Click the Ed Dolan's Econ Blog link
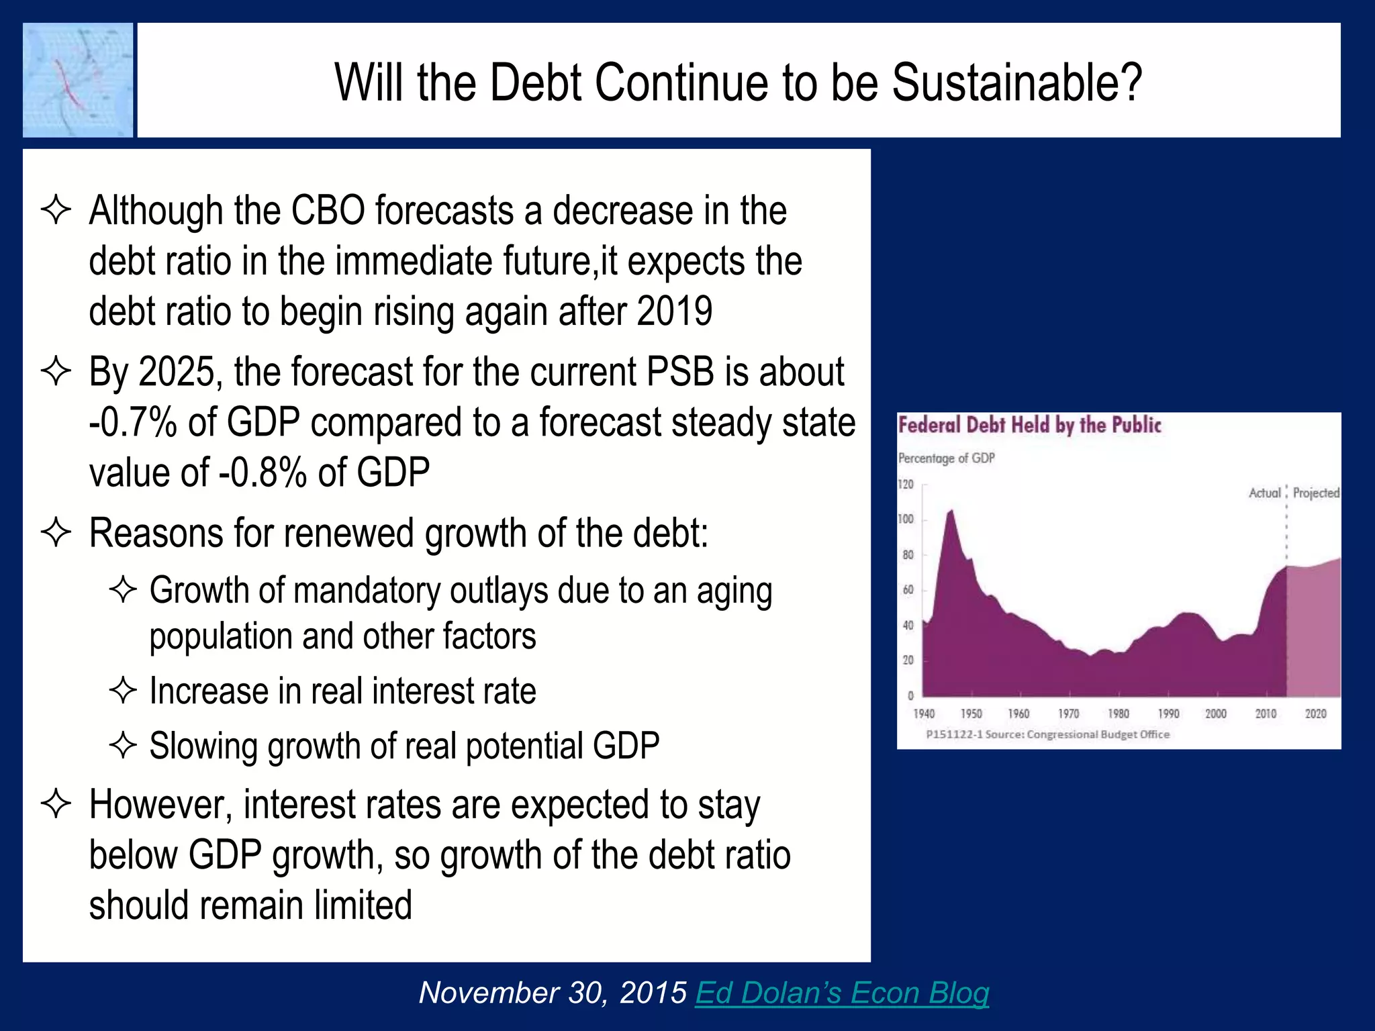(842, 993)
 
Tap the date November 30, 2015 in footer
(552, 993)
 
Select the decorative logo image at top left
(78, 80)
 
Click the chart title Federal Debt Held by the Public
(1029, 425)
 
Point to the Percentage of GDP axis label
(946, 458)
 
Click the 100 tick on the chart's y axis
(906, 519)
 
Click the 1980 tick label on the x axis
(1118, 714)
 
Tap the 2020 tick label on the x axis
(1315, 714)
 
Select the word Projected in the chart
(1315, 493)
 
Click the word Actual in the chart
(1264, 493)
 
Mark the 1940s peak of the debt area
(951, 513)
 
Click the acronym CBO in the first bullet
(328, 211)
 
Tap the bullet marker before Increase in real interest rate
(123, 691)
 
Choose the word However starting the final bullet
(160, 805)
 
